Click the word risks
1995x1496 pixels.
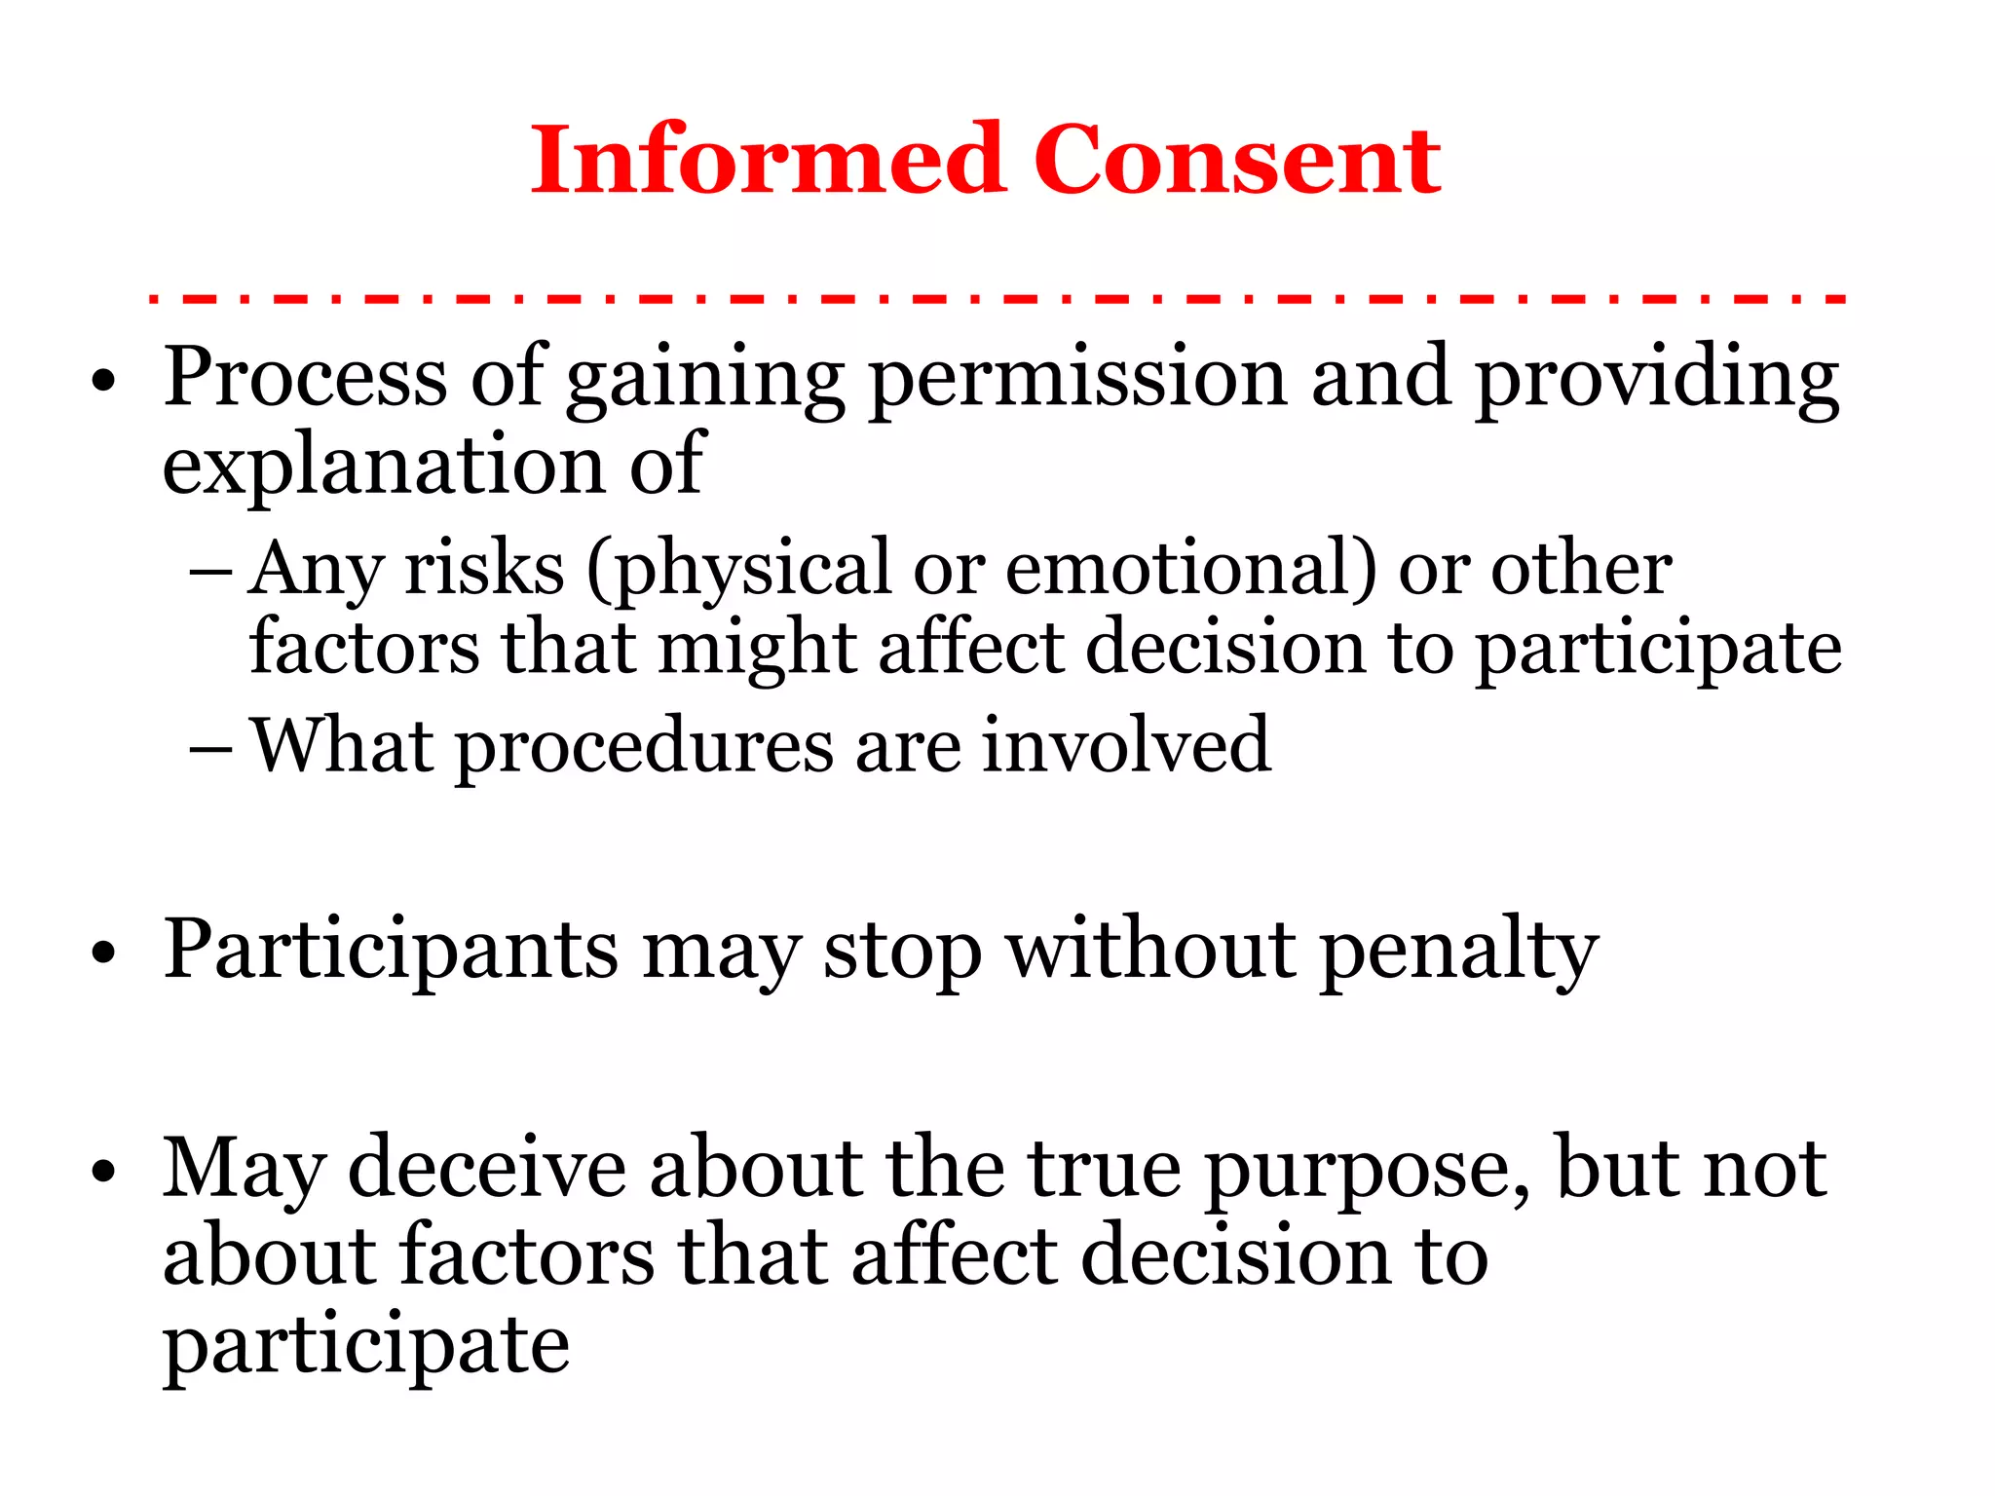(484, 568)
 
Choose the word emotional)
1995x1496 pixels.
(1190, 568)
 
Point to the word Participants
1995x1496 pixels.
(391, 951)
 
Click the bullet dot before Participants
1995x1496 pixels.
(102, 952)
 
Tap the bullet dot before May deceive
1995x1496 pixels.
(102, 1170)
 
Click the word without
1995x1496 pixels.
(1150, 949)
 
